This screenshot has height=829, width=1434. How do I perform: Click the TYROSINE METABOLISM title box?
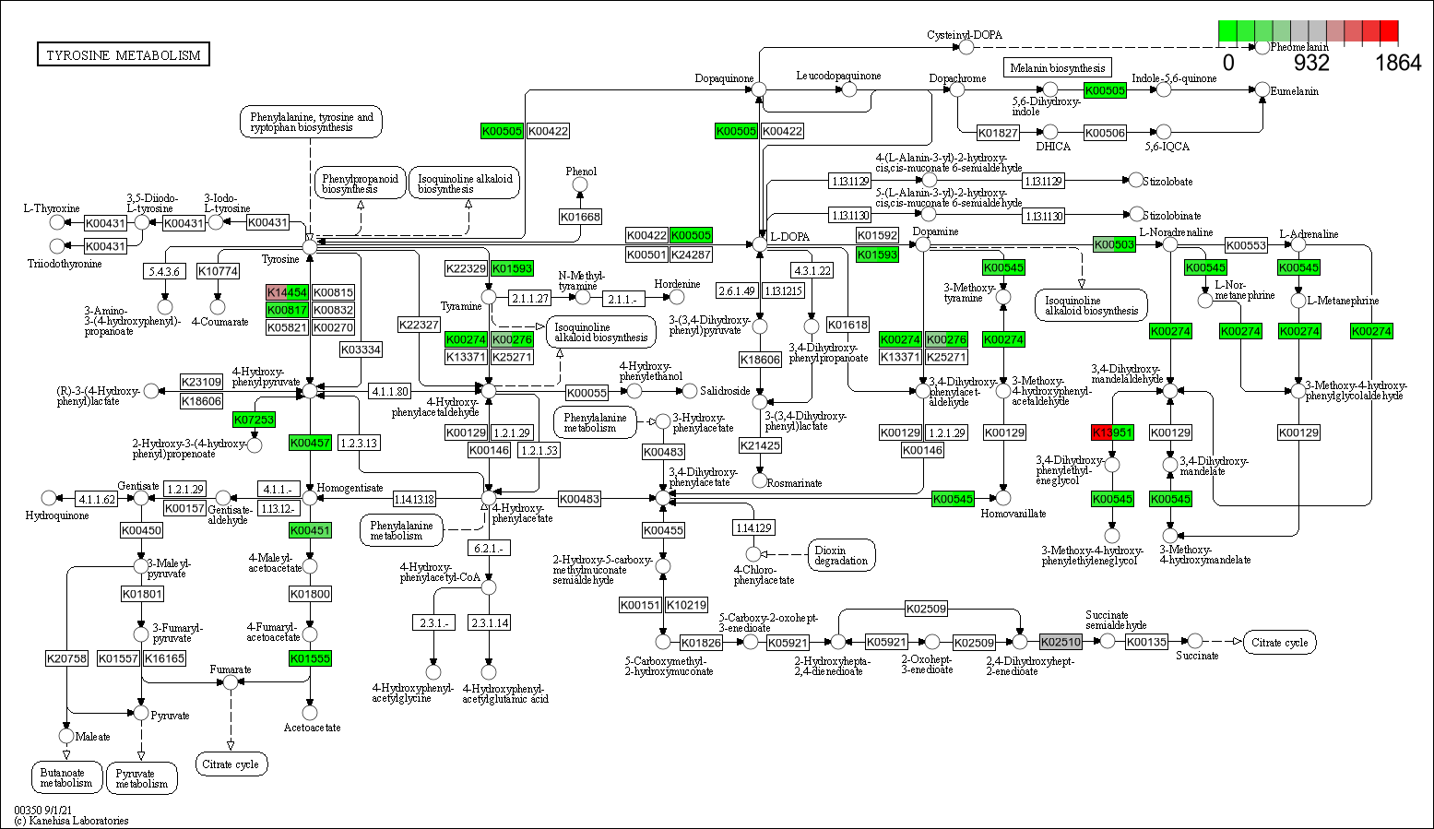coord(124,55)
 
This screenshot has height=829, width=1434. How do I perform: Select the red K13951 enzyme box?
coord(1112,432)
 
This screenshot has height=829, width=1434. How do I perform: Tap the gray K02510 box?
coord(1061,642)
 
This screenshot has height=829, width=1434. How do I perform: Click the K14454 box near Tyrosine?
coord(287,292)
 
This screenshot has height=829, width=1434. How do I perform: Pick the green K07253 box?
coord(254,420)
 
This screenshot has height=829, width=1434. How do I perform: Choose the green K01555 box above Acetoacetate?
coord(310,658)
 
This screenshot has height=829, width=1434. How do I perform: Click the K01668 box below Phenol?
coord(580,217)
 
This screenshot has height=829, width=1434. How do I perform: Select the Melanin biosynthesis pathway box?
coord(1057,67)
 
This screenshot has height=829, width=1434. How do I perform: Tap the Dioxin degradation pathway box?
coord(841,555)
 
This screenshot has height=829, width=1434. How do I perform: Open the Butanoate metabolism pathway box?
coord(65,778)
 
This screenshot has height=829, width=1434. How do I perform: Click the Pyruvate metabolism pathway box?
coord(142,779)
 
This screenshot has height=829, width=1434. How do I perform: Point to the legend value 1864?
coord(1398,63)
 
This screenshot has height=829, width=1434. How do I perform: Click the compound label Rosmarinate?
coord(794,482)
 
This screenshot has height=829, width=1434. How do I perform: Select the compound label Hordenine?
coord(677,284)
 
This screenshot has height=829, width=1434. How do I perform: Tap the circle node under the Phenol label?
coord(580,185)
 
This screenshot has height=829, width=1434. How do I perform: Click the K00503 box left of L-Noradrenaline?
coord(1114,244)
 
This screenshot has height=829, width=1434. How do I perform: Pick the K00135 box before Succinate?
coord(1146,642)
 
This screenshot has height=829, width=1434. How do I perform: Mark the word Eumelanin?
coord(1294,91)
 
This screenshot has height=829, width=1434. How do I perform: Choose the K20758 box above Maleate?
coord(66,658)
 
